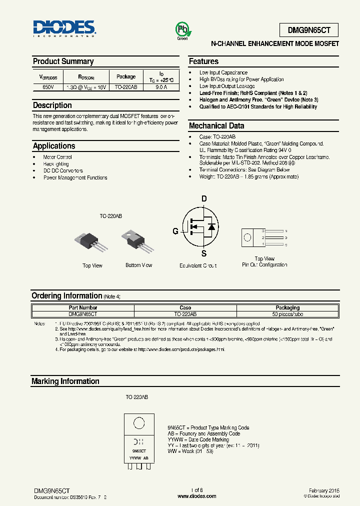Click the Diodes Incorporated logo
[64, 28]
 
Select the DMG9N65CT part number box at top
[308, 30]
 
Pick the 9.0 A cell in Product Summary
[161, 87]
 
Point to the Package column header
[126, 76]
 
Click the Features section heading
[203, 61]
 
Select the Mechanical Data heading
[216, 126]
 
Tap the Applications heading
[54, 146]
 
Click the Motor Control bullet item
[57, 157]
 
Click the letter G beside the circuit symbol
[175, 231]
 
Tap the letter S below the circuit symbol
[203, 253]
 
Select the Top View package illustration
[91, 241]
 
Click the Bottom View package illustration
[136, 242]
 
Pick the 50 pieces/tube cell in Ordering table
[287, 314]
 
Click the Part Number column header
[83, 308]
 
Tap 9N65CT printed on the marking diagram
[138, 450]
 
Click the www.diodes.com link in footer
[197, 496]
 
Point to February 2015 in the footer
[324, 490]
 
